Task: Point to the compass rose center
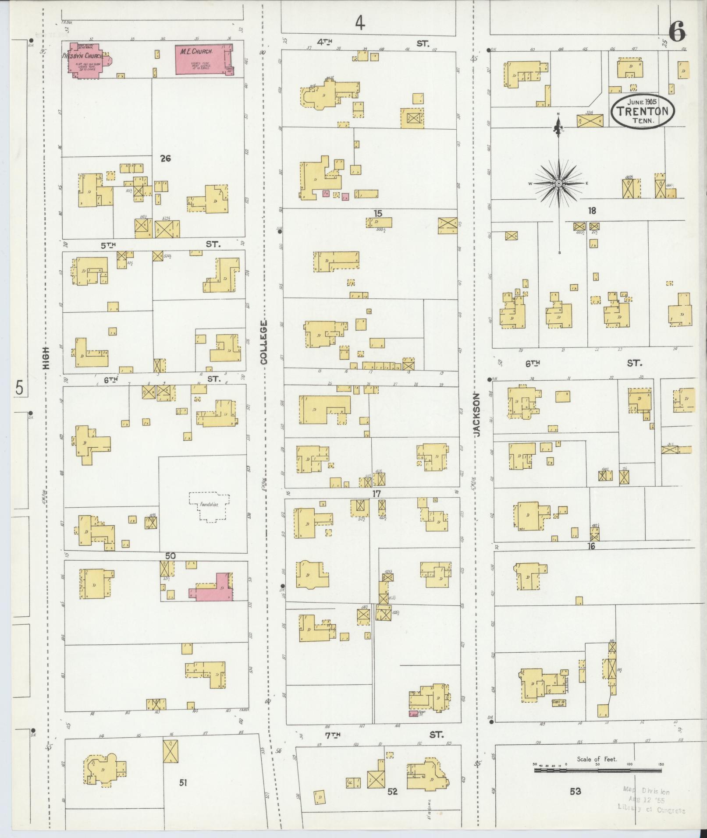point(559,183)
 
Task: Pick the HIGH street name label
point(46,357)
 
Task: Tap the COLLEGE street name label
point(263,342)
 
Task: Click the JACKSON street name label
point(477,414)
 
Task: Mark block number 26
point(165,159)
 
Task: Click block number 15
point(378,214)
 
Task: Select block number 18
point(592,211)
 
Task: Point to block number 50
point(171,556)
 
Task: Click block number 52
point(392,792)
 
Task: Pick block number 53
point(575,791)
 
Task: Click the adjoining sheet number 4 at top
point(360,23)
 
